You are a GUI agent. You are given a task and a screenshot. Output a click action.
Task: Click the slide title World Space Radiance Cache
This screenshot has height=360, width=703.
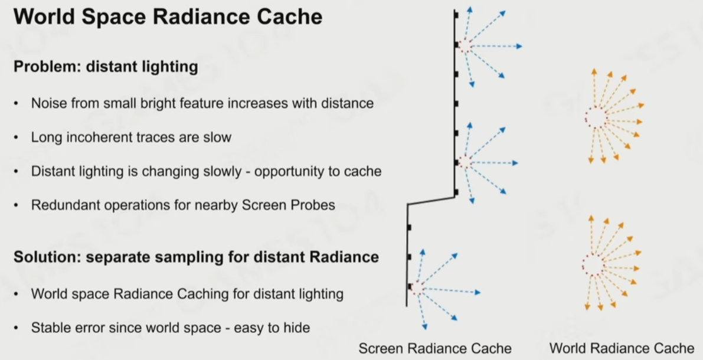[x=168, y=17]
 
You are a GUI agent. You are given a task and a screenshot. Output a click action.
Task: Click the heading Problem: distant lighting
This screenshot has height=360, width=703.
[x=106, y=67]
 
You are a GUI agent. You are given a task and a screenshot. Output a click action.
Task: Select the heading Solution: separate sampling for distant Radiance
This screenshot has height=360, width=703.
[x=196, y=257]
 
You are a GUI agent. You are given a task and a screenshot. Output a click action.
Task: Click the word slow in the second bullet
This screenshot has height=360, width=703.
[x=218, y=138]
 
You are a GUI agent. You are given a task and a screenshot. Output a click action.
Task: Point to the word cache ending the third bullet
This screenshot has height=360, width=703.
[x=366, y=172]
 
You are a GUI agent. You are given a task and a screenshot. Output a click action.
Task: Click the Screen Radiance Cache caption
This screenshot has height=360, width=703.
[x=435, y=348]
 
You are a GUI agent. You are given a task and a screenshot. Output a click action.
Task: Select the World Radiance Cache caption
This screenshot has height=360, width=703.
[x=622, y=348]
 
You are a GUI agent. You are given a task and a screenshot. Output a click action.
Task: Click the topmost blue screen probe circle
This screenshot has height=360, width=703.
[x=465, y=46]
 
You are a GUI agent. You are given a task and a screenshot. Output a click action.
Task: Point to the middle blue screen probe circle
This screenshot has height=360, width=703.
[x=465, y=162]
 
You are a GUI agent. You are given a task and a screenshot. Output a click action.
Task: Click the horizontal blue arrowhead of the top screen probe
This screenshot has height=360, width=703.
[x=519, y=46]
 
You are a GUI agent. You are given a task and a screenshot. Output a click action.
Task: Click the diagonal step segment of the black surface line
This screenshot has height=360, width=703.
[x=431, y=201]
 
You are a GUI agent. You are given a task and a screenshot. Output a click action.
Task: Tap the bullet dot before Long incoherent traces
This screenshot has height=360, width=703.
[x=17, y=138]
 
